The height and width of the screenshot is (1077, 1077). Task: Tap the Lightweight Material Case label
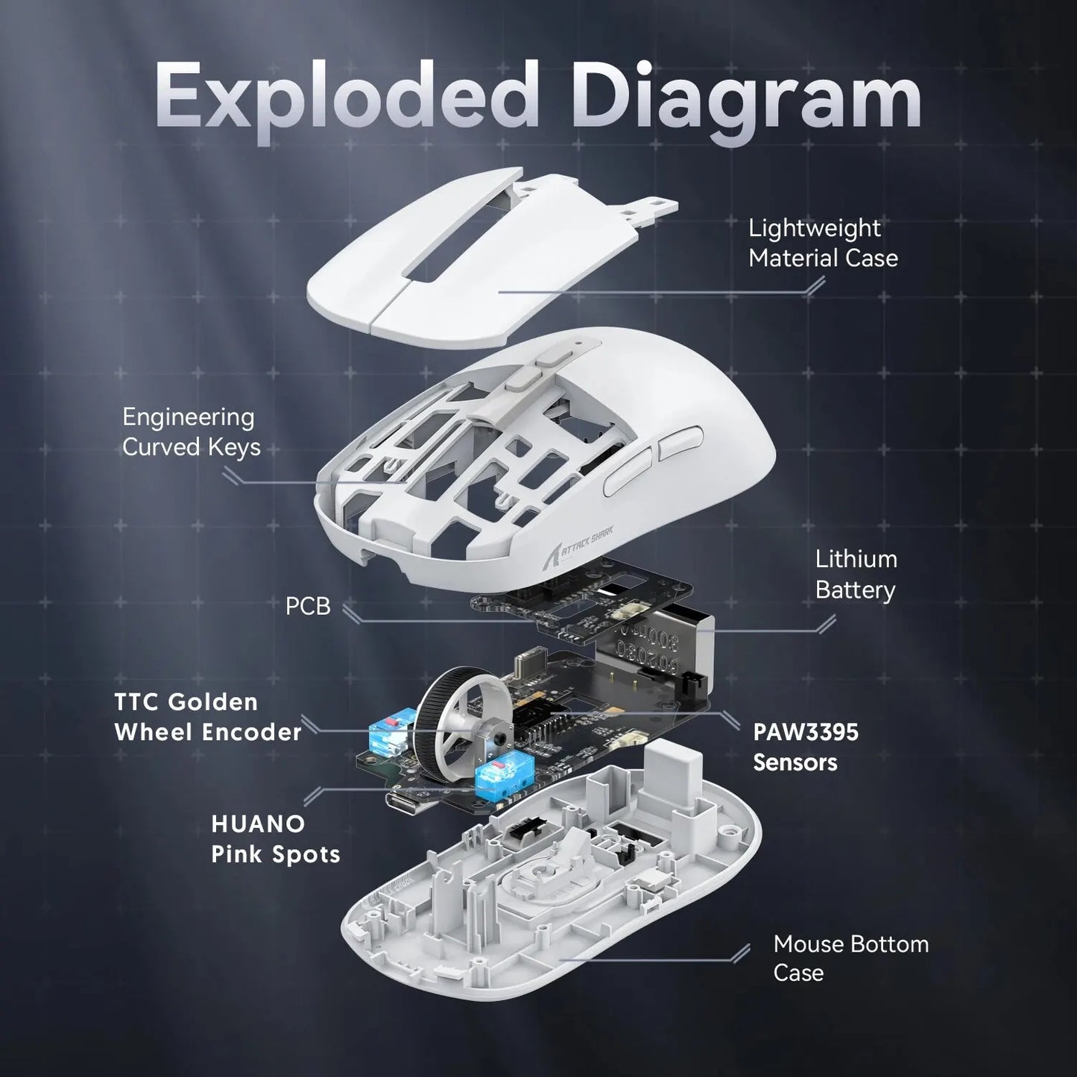point(822,243)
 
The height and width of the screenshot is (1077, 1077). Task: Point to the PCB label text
point(307,607)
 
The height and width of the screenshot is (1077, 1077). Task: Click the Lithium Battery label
point(855,574)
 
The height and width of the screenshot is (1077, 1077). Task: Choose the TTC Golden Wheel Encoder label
point(207,717)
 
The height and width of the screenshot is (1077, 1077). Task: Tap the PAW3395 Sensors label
point(805,747)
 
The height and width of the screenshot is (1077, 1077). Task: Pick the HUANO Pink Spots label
point(275,838)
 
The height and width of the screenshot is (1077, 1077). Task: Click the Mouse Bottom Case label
point(850,958)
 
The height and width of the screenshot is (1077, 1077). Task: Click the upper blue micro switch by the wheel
point(387,733)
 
